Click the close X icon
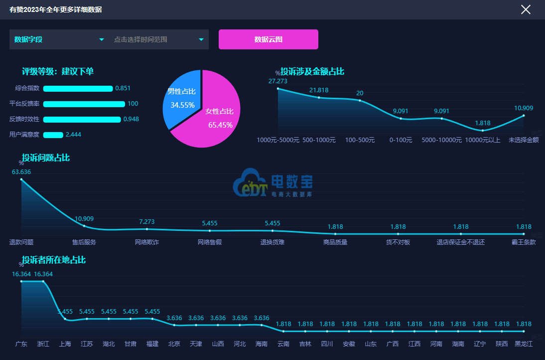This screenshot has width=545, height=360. point(526,9)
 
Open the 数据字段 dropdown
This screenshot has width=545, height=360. point(59,39)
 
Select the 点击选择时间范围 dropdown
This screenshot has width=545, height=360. point(159,39)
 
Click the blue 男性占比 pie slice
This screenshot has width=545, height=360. point(180,100)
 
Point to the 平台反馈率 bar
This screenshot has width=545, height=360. point(84,104)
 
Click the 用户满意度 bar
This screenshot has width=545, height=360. point(53,135)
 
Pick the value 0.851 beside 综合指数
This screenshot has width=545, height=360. point(123,88)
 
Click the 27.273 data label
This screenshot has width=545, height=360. point(277,81)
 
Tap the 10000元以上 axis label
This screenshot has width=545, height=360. point(482,140)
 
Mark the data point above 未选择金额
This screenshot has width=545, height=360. point(524,116)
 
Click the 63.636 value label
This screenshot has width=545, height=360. point(21,172)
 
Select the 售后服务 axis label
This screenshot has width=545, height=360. point(84,242)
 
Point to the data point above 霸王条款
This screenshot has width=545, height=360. point(524,234)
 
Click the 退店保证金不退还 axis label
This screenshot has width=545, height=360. point(461,242)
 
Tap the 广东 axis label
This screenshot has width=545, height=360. point(21,344)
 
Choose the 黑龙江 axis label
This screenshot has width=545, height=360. point(524,344)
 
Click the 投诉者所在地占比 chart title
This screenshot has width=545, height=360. point(54,260)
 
